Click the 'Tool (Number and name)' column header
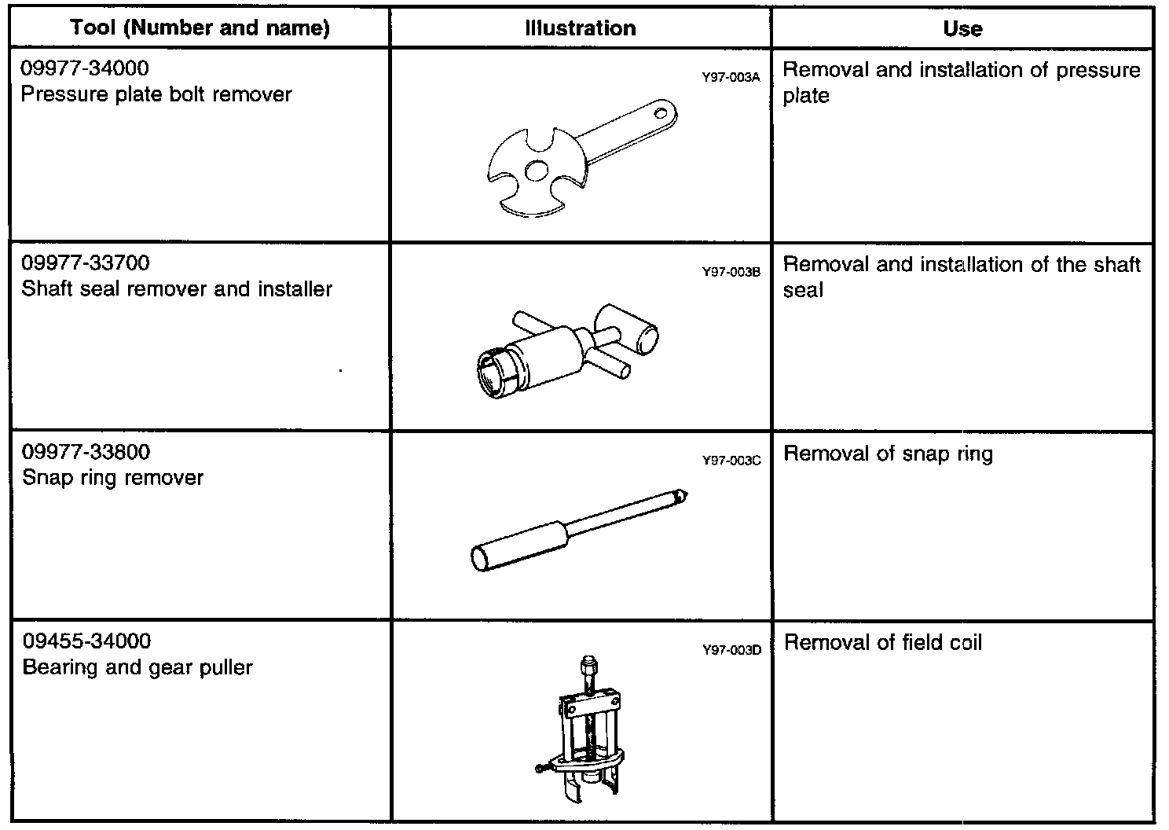[x=200, y=29]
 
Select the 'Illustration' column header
[x=581, y=29]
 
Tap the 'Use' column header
[x=962, y=29]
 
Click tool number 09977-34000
[x=85, y=69]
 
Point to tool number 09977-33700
[x=86, y=263]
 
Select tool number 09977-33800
[x=86, y=453]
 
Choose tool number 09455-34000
[x=86, y=642]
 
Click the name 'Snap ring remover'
[x=112, y=478]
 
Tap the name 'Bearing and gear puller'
[x=137, y=668]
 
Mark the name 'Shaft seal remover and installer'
[x=177, y=289]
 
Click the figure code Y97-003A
[x=731, y=78]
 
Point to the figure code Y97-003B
[x=731, y=273]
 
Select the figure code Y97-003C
[x=731, y=461]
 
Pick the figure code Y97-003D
[x=731, y=650]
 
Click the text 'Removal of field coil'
[x=883, y=643]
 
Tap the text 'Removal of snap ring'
[x=888, y=454]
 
